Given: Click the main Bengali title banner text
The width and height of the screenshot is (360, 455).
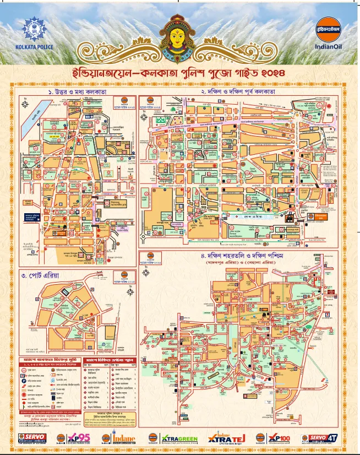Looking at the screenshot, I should pyautogui.click(x=180, y=73).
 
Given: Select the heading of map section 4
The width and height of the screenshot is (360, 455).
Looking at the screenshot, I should pyautogui.click(x=238, y=257).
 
